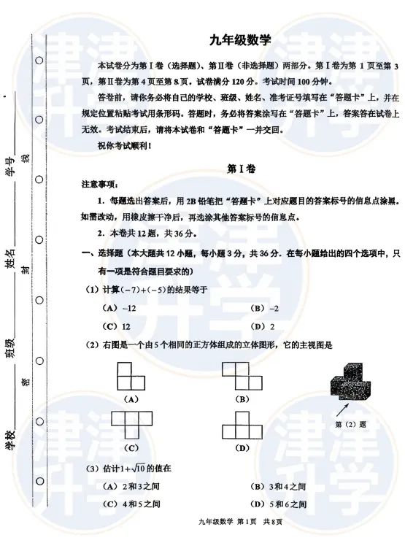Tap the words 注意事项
100,184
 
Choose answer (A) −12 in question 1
120,308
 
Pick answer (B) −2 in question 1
264,308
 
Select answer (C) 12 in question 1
117,326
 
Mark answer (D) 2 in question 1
263,326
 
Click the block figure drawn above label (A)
132,377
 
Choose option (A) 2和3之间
132,486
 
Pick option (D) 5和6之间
278,504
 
